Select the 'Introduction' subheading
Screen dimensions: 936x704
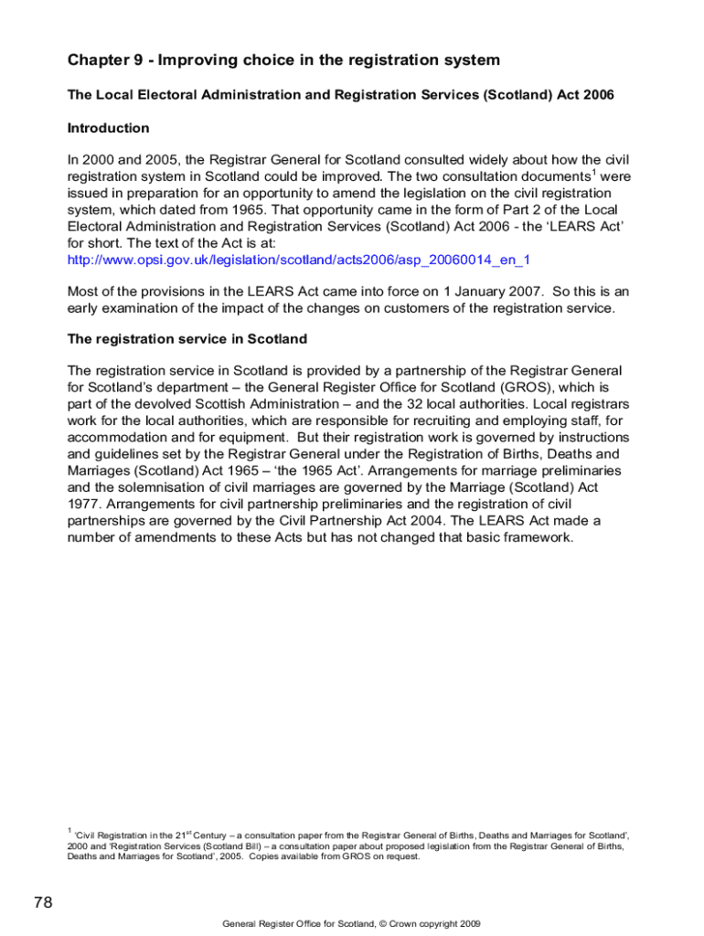[108, 128]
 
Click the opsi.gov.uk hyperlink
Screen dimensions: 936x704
[299, 261]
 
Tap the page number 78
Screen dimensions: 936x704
[43, 903]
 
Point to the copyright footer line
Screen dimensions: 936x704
[352, 924]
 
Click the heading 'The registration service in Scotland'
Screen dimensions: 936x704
[187, 339]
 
